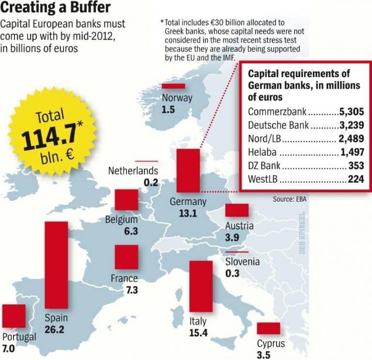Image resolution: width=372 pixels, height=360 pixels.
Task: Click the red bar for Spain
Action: click(x=56, y=265)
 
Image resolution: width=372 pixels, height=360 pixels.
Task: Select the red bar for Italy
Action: click(x=201, y=286)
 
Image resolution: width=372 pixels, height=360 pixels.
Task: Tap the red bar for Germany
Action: click(x=188, y=171)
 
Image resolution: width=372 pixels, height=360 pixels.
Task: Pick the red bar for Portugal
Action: click(x=13, y=316)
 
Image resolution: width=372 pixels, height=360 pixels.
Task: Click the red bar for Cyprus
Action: click(x=268, y=329)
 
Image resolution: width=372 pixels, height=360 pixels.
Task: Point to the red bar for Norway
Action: click(x=173, y=86)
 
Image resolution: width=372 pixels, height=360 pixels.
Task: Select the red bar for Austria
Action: click(x=237, y=210)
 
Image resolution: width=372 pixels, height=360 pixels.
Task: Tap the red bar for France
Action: click(x=126, y=257)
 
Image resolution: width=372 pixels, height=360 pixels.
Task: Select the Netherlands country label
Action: click(x=133, y=171)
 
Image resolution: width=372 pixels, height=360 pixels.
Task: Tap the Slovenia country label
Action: click(x=243, y=262)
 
